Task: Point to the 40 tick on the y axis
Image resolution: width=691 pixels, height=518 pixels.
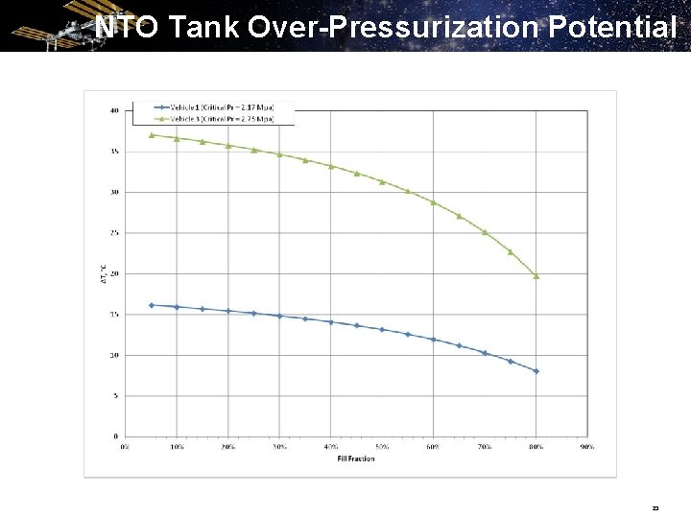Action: pyautogui.click(x=114, y=110)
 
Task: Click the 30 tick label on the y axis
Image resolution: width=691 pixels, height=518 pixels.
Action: pyautogui.click(x=114, y=192)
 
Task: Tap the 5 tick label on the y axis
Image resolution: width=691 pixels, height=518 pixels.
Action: pyautogui.click(x=116, y=395)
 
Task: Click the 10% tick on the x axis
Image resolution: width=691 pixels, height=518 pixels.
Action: pyautogui.click(x=177, y=446)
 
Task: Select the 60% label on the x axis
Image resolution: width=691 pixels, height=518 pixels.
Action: pyautogui.click(x=433, y=446)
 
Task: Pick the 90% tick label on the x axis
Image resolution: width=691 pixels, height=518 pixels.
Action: pyautogui.click(x=586, y=446)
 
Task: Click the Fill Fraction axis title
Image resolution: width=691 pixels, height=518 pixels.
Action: pyautogui.click(x=355, y=459)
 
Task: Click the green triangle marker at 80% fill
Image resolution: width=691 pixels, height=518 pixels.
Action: pyautogui.click(x=536, y=276)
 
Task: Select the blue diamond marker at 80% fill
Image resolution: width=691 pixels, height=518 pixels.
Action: pyautogui.click(x=536, y=371)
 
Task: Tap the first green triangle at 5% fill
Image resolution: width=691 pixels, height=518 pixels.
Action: pyautogui.click(x=152, y=135)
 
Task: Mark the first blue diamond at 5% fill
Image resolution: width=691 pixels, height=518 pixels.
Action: pyautogui.click(x=152, y=305)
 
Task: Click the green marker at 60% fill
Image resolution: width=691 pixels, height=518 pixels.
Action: pyautogui.click(x=433, y=202)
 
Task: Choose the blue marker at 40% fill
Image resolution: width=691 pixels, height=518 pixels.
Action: pyautogui.click(x=330, y=322)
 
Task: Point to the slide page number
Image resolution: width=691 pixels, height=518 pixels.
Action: pyautogui.click(x=655, y=507)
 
